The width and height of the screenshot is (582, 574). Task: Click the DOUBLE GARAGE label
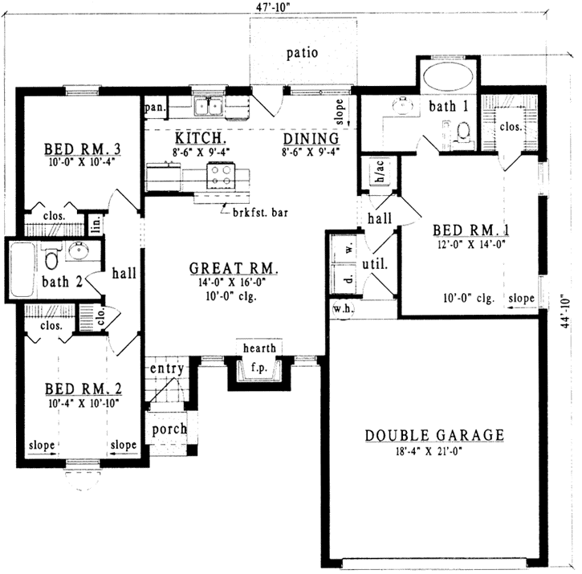pyautogui.click(x=434, y=435)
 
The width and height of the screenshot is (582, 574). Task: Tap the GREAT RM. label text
pyautogui.click(x=234, y=268)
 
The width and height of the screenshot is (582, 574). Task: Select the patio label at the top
pyautogui.click(x=303, y=53)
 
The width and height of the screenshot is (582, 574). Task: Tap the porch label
pyautogui.click(x=169, y=429)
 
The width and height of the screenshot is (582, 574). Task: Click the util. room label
pyautogui.click(x=376, y=263)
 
